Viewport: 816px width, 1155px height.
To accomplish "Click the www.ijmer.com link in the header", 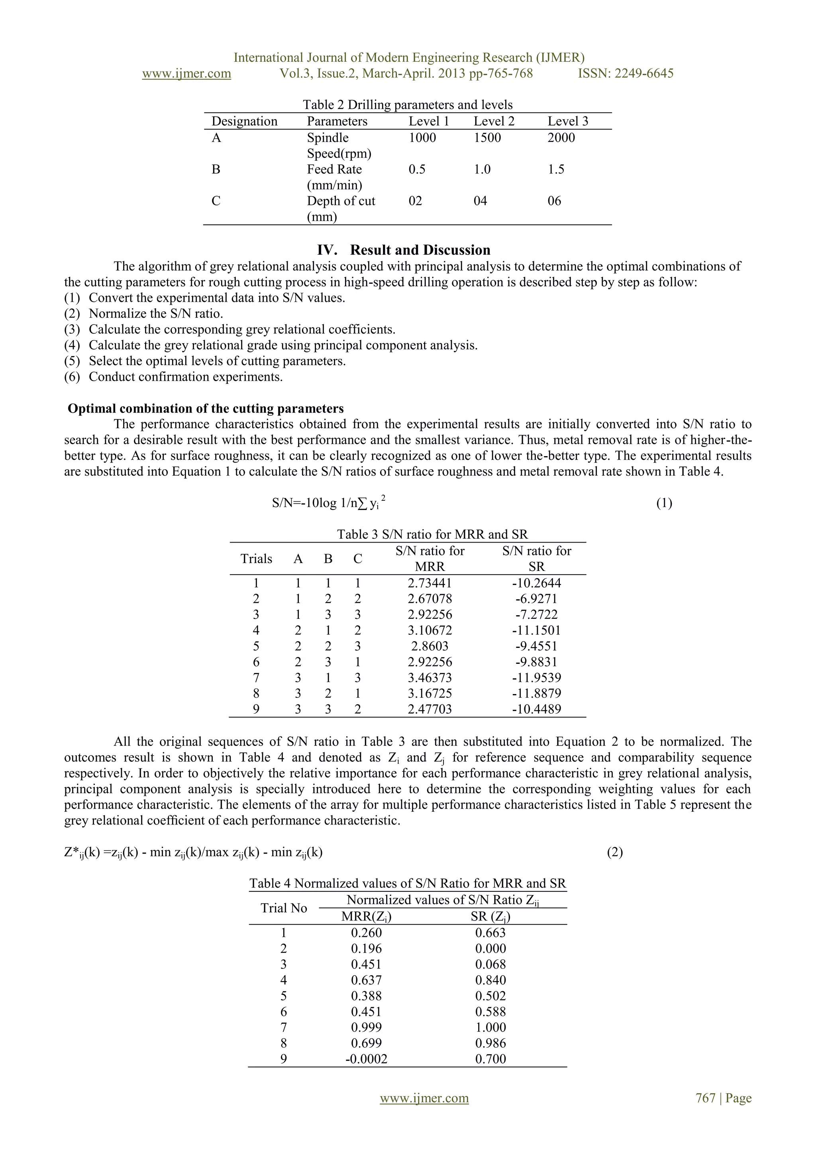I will pyautogui.click(x=186, y=73).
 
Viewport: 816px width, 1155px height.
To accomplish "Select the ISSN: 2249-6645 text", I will pyautogui.click(x=626, y=73).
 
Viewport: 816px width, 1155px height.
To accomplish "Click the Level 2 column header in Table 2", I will pyautogui.click(x=494, y=121).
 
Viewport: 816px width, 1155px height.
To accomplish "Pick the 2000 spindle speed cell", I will pyautogui.click(x=561, y=138).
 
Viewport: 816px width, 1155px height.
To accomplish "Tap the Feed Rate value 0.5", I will pyautogui.click(x=417, y=169).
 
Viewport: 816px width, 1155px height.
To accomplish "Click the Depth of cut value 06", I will pyautogui.click(x=554, y=201).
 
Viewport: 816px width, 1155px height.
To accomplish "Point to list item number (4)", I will pyautogui.click(x=72, y=345).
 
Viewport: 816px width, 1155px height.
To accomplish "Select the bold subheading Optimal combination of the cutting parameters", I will pyautogui.click(x=206, y=409).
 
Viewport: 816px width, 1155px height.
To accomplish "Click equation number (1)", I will pyautogui.click(x=664, y=503).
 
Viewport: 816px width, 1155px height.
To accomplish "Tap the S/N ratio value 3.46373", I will pyautogui.click(x=430, y=678).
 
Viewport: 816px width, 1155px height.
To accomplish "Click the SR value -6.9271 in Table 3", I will pyautogui.click(x=536, y=598).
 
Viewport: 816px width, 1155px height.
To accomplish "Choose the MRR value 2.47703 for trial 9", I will pyautogui.click(x=430, y=709).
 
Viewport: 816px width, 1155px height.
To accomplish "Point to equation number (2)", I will pyautogui.click(x=614, y=852).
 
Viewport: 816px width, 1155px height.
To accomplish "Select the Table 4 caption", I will pyautogui.click(x=407, y=883).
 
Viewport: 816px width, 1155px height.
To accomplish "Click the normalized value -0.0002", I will pyautogui.click(x=366, y=1059).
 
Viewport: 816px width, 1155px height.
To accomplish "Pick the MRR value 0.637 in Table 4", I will pyautogui.click(x=366, y=980).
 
